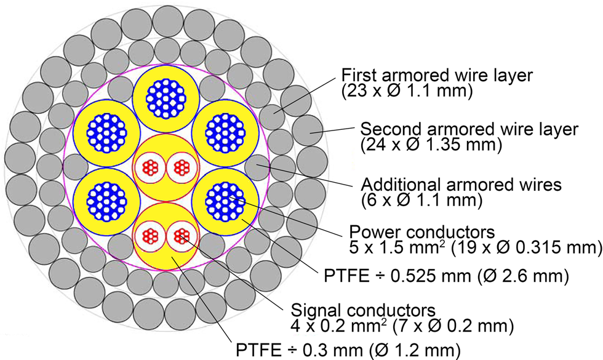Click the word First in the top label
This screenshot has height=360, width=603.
pyautogui.click(x=362, y=76)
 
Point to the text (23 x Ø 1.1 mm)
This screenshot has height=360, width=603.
pyautogui.click(x=406, y=92)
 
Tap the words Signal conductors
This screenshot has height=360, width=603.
pyautogui.click(x=364, y=310)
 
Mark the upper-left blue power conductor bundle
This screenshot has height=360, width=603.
pyautogui.click(x=106, y=131)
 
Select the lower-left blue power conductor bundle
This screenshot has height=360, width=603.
pyautogui.click(x=106, y=201)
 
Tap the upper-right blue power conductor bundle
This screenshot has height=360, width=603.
pyautogui.click(x=223, y=131)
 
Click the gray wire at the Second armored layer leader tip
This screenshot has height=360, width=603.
pyautogui.click(x=306, y=131)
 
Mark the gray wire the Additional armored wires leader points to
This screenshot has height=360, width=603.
pyautogui.click(x=257, y=166)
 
